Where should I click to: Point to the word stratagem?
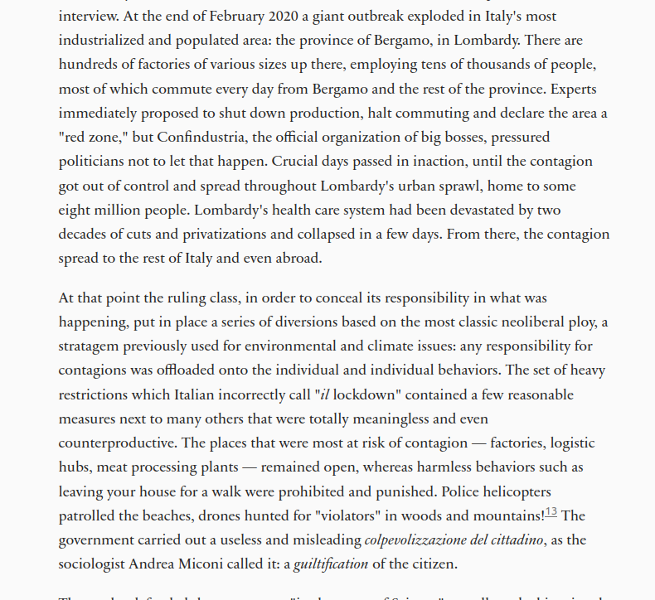(x=90, y=346)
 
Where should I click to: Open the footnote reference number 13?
(x=551, y=512)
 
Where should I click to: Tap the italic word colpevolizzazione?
(x=420, y=540)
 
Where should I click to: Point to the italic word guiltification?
(x=331, y=564)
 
